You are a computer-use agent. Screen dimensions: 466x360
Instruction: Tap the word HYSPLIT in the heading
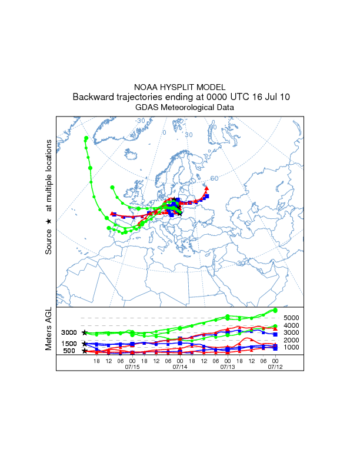(180, 86)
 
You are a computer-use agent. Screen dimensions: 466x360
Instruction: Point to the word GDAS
(146, 108)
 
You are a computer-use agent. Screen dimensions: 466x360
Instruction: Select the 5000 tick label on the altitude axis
(292, 318)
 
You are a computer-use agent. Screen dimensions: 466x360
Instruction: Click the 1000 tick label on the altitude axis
(292, 347)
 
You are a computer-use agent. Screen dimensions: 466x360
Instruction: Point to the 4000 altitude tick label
(292, 325)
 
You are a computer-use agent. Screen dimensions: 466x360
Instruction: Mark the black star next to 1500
(85, 343)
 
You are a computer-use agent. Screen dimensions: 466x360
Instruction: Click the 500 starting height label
(69, 351)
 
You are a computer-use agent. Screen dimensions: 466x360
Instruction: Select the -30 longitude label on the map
(140, 121)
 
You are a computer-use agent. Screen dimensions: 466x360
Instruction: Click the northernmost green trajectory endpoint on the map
(86, 138)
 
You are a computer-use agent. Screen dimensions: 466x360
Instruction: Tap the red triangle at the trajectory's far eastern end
(206, 188)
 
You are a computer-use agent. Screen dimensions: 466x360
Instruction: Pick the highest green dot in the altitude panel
(275, 310)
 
